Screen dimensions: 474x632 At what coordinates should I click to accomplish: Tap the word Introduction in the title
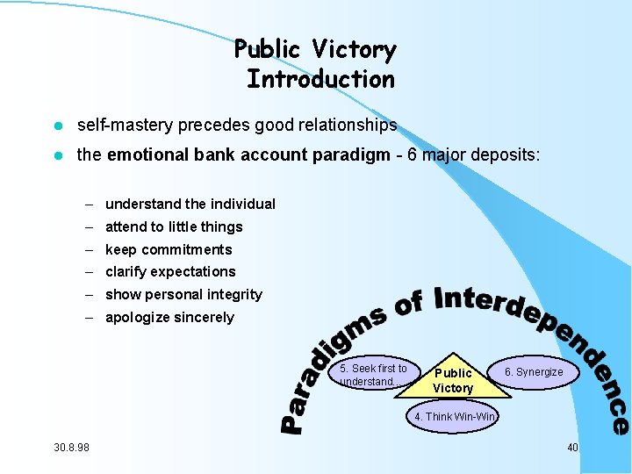[320, 79]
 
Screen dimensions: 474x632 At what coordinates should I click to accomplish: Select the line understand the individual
[190, 204]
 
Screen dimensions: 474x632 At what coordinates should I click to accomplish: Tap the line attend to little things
[174, 226]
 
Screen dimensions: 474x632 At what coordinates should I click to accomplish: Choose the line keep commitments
[169, 249]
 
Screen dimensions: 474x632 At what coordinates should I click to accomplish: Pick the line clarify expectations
[170, 272]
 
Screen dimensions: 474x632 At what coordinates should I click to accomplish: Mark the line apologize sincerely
[169, 318]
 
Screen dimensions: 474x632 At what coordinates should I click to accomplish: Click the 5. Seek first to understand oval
[373, 375]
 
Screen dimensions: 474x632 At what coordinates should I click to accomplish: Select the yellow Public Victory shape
[453, 380]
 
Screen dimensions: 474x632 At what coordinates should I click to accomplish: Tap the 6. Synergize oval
[533, 372]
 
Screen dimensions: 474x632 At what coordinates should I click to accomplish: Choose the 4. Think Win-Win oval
[454, 416]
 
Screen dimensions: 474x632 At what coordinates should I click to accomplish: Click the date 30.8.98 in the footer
[71, 448]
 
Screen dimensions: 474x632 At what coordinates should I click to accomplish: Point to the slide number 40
[572, 448]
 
